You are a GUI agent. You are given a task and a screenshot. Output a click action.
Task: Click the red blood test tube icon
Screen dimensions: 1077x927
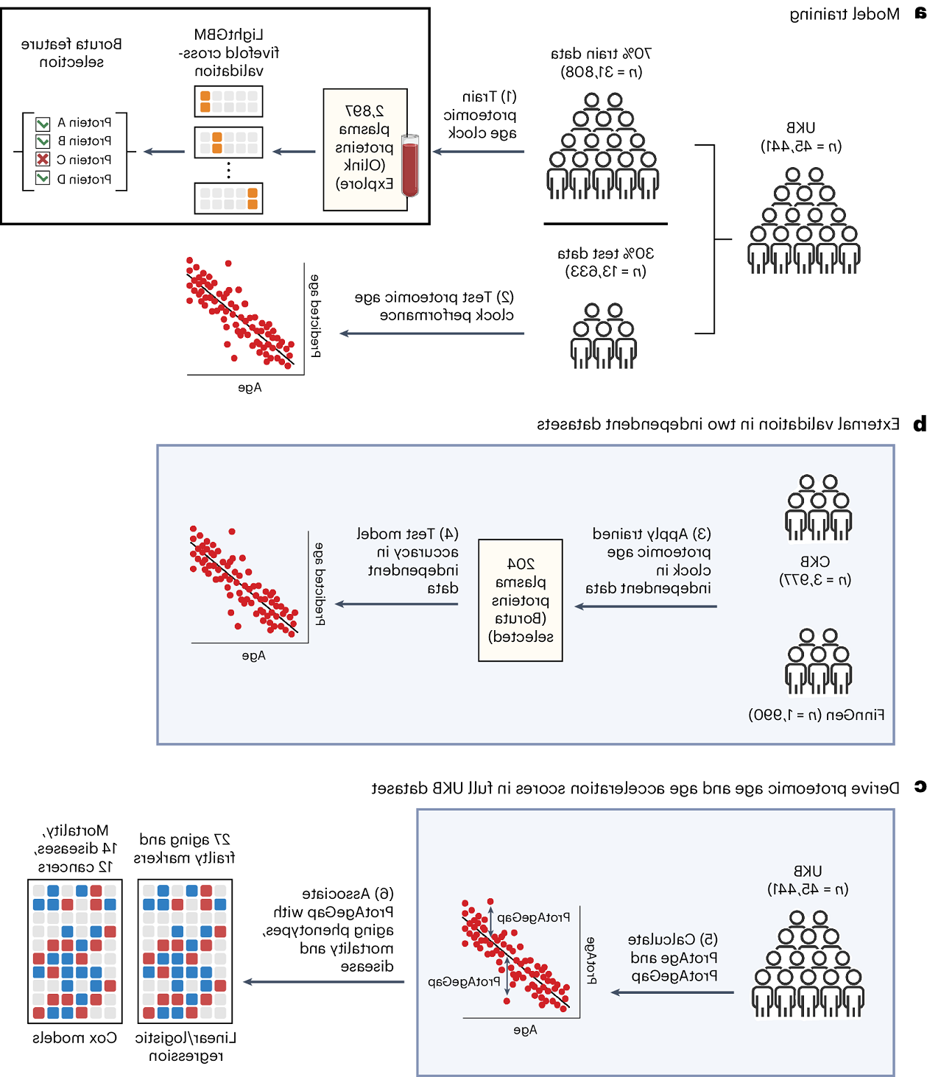click(410, 166)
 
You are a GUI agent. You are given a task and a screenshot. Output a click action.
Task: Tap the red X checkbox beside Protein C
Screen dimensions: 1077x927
click(43, 159)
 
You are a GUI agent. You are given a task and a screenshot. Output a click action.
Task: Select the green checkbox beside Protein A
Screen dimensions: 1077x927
click(43, 123)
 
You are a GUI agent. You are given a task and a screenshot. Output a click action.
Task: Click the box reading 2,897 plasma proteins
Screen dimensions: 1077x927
click(365, 149)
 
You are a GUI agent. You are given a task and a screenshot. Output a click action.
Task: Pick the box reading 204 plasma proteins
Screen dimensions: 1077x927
click(521, 600)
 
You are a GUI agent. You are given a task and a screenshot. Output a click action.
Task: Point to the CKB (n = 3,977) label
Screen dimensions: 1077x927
click(815, 571)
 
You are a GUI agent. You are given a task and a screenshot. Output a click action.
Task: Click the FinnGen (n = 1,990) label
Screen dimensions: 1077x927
click(817, 715)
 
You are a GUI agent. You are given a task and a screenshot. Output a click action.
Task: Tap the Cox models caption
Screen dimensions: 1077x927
click(74, 1037)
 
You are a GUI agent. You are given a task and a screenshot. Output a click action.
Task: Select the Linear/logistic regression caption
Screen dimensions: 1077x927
click(186, 1046)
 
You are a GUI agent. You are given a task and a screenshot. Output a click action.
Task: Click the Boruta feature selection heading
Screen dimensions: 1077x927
click(71, 53)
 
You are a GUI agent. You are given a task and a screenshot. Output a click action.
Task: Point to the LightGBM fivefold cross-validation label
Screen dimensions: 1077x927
click(229, 53)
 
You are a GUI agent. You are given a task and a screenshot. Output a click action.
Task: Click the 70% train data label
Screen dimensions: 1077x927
click(601, 63)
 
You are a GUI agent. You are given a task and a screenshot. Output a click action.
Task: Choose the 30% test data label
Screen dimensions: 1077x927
click(605, 262)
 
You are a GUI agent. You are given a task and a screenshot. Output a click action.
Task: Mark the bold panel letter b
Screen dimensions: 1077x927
click(919, 424)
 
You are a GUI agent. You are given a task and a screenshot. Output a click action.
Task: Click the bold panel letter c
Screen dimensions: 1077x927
click(920, 787)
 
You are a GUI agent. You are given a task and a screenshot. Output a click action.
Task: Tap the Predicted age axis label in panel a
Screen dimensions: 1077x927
click(315, 316)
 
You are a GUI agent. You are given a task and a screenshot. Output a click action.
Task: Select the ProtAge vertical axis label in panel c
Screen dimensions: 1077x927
click(591, 960)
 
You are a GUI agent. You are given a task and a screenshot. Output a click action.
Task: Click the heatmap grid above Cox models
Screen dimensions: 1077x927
click(74, 951)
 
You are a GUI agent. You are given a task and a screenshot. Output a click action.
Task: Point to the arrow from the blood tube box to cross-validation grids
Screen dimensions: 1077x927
click(294, 152)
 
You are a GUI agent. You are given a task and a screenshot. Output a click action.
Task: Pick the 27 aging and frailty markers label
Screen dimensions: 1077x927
click(184, 848)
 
